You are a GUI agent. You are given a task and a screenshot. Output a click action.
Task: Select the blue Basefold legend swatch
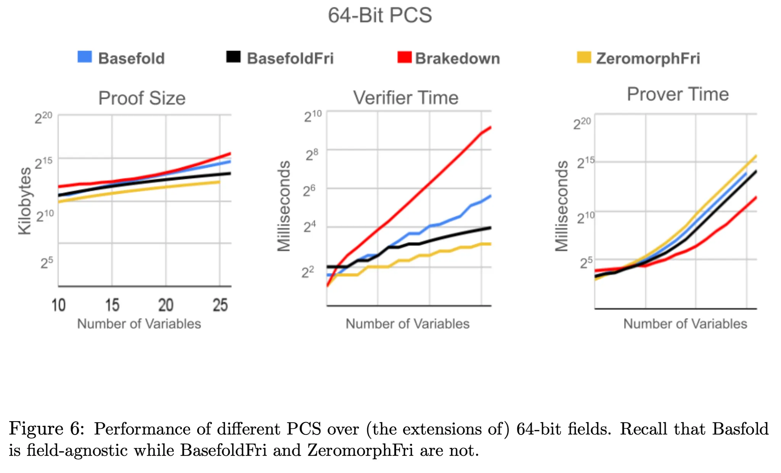[x=85, y=57]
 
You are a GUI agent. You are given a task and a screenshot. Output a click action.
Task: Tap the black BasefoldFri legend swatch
[x=233, y=57]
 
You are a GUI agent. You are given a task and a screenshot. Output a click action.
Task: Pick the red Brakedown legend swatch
[x=404, y=57]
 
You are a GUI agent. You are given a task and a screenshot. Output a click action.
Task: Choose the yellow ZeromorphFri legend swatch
[x=584, y=57]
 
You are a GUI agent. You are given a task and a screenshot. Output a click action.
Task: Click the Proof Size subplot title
[x=142, y=98]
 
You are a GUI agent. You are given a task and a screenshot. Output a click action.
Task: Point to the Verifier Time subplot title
[x=406, y=98]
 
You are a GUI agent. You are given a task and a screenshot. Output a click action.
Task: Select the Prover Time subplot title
[x=678, y=94]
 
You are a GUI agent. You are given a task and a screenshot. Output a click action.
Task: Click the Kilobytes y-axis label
[x=25, y=201]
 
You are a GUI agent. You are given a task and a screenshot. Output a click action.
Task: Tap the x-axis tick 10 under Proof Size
[x=59, y=305]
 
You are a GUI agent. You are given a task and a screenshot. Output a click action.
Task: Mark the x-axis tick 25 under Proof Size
[x=220, y=305]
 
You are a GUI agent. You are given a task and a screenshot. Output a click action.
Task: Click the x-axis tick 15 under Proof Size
[x=112, y=305]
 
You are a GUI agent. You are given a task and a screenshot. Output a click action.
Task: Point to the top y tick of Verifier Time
[x=313, y=116]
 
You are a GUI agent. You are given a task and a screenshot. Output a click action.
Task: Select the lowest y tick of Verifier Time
[x=308, y=272]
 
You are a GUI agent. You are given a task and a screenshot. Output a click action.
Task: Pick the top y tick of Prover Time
[x=582, y=123]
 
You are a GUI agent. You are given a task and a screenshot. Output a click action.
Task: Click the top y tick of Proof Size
[x=43, y=118]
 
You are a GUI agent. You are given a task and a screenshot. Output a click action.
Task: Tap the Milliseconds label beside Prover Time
[x=561, y=206]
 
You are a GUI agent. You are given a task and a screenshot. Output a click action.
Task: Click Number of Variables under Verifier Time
[x=407, y=324]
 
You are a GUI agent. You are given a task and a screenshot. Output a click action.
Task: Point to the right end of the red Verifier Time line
[x=490, y=127]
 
